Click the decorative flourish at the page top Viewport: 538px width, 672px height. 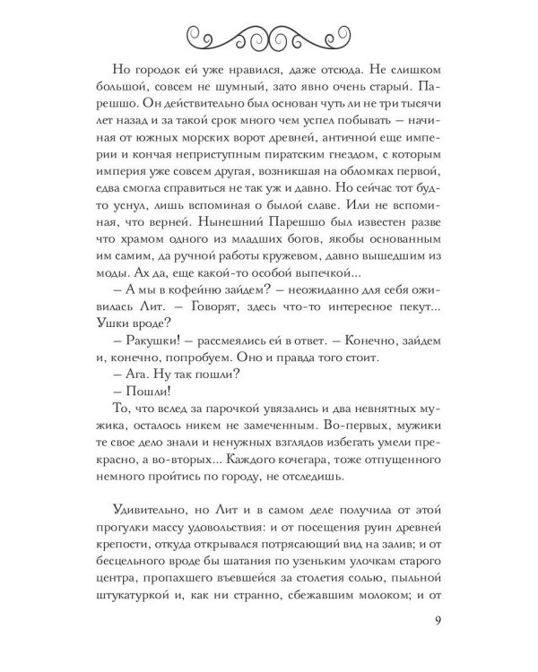coord(269,35)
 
